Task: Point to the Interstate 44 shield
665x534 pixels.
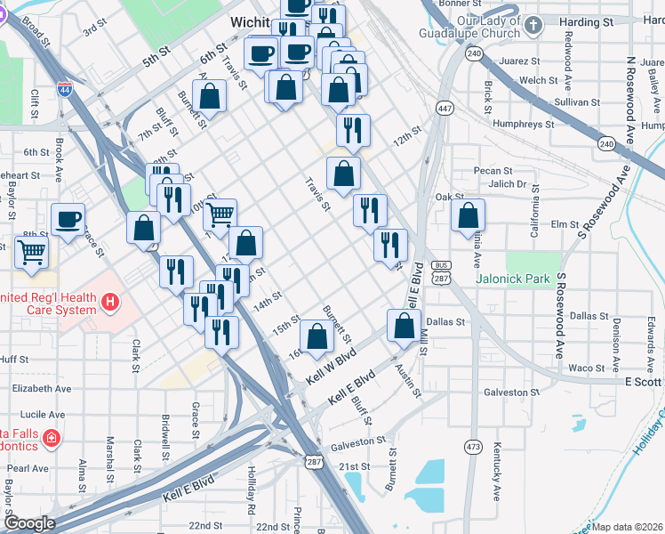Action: (x=64, y=89)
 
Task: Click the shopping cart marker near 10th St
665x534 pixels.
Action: (x=220, y=214)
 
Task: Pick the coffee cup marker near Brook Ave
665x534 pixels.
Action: (x=68, y=220)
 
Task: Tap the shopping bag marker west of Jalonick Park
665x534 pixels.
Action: (x=469, y=215)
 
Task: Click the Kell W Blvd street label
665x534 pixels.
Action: (x=331, y=368)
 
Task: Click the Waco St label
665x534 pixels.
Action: (x=586, y=368)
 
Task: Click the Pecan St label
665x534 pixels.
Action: (x=494, y=170)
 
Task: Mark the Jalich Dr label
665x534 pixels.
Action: (x=508, y=184)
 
